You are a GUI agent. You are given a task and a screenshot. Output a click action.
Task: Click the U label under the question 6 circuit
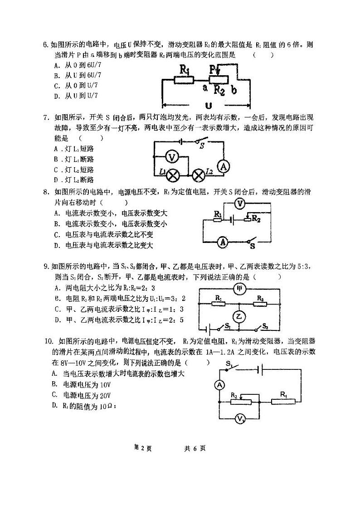click(x=208, y=106)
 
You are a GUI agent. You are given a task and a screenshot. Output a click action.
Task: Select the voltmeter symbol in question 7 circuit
click(x=171, y=157)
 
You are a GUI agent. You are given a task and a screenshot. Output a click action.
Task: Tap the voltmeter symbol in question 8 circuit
click(x=241, y=204)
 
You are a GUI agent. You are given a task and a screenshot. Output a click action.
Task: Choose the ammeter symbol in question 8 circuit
click(x=223, y=242)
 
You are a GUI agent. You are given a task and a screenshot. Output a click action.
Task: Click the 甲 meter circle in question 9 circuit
click(x=239, y=289)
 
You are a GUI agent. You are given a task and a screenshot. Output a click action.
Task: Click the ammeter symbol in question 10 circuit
click(x=219, y=385)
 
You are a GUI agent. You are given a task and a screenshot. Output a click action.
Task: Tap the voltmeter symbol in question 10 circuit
click(x=239, y=420)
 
